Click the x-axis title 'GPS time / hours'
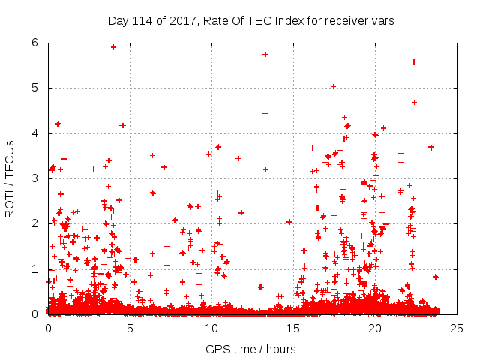[251, 349]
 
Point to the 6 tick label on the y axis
[35, 43]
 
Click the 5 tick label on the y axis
[35, 88]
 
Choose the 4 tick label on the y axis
[35, 133]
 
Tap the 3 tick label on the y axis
[35, 178]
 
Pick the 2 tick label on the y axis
[35, 223]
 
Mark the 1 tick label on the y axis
[35, 268]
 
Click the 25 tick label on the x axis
[457, 328]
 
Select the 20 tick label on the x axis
[375, 328]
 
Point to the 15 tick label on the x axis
[293, 328]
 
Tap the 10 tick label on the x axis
[211, 328]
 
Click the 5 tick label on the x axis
[130, 328]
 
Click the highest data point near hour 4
[113, 46]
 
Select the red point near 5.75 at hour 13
[265, 54]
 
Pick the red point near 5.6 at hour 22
[414, 61]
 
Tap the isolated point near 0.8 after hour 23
[435, 277]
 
